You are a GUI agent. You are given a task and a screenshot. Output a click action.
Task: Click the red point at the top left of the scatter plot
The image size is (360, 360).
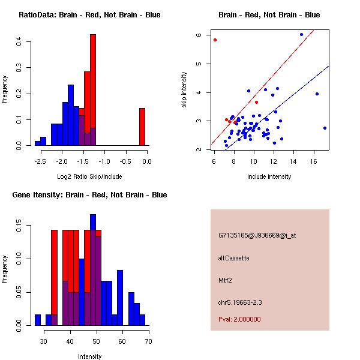(215, 40)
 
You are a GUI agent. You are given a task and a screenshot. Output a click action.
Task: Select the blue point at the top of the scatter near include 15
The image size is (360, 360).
(301, 34)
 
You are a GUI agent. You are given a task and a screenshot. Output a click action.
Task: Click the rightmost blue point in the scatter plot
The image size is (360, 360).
(325, 128)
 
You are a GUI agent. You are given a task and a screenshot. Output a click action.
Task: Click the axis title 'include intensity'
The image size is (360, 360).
(269, 176)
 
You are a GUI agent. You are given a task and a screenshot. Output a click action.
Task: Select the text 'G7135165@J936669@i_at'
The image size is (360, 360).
(257, 235)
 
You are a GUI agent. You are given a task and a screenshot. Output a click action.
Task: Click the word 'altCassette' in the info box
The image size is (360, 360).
(233, 258)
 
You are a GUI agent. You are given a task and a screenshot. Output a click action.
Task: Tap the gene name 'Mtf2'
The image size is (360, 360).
(225, 280)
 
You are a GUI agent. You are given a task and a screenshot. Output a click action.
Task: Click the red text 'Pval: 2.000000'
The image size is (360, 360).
(239, 319)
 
